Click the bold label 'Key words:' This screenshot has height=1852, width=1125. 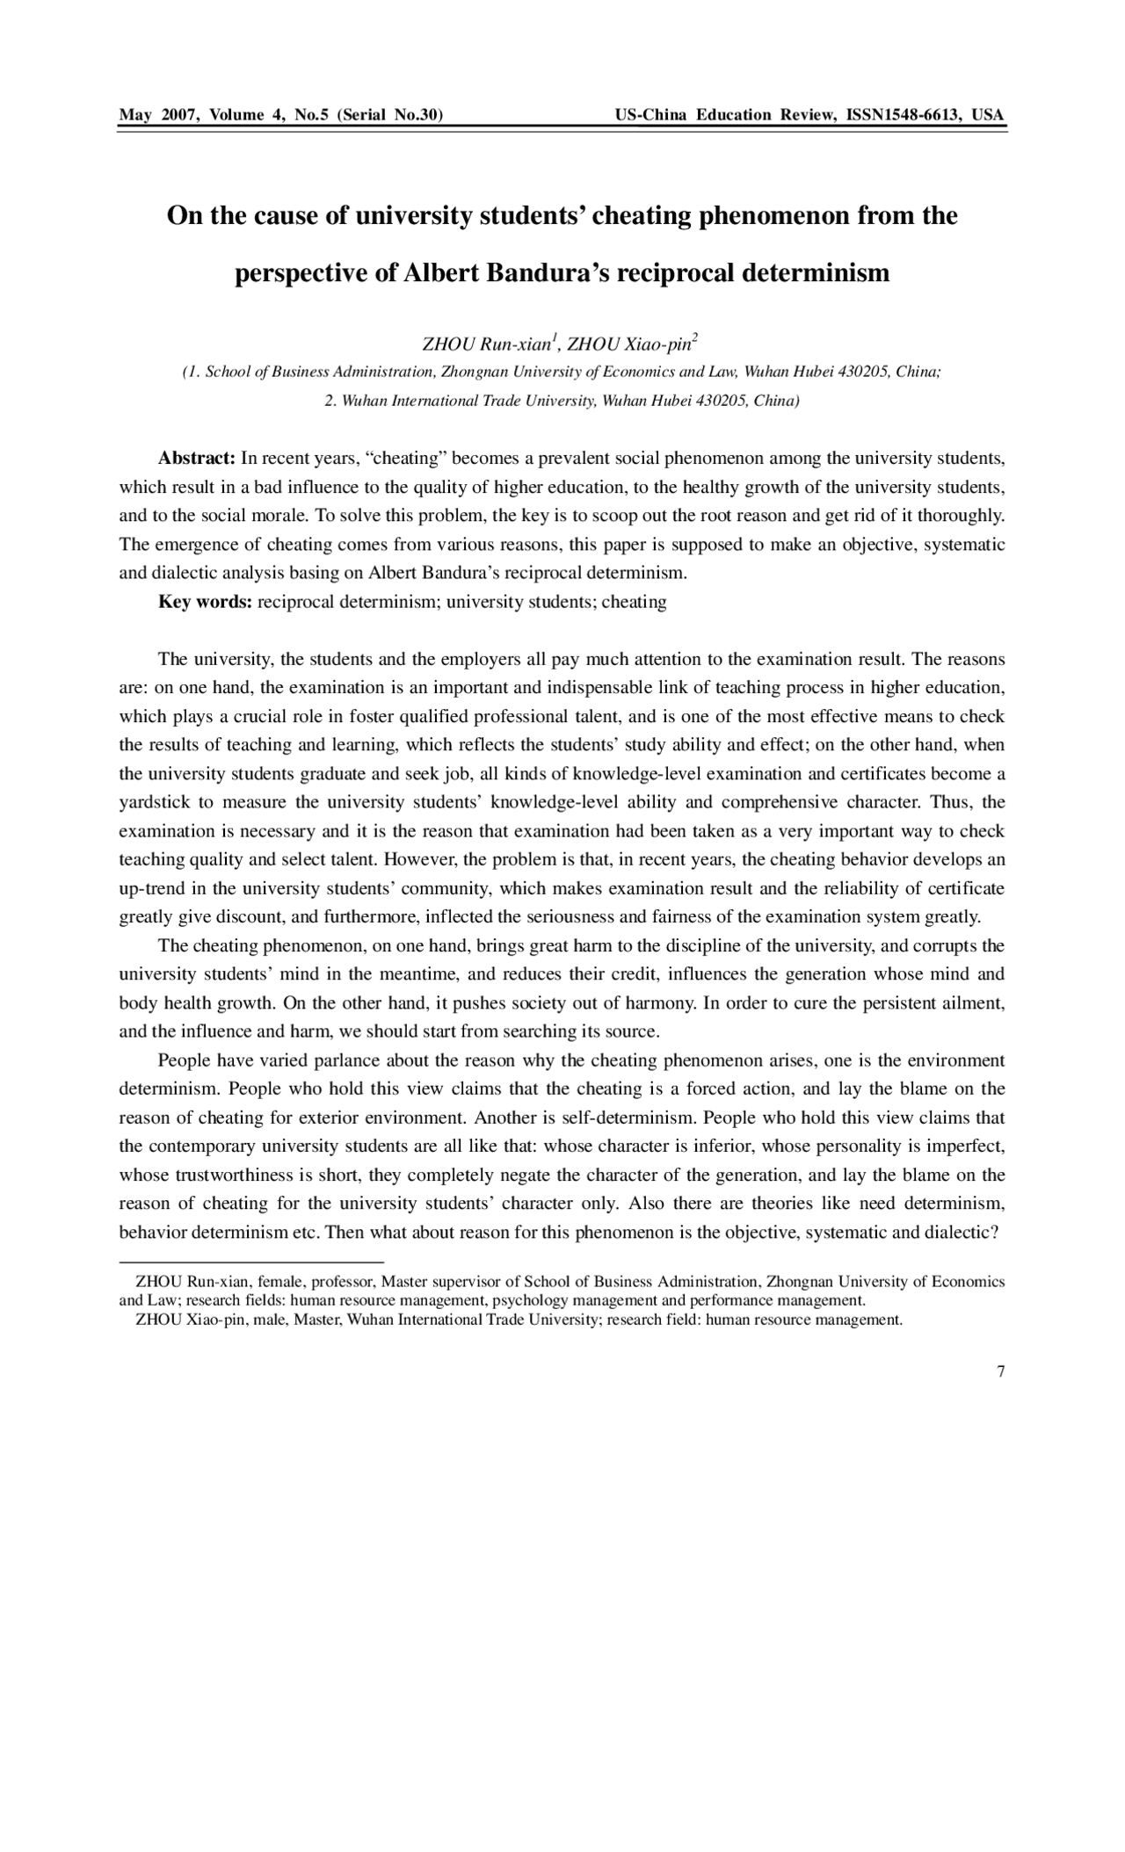pyautogui.click(x=205, y=603)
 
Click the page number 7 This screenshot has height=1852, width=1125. pyautogui.click(x=1001, y=1372)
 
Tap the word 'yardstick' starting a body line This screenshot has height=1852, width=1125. pyautogui.click(x=150, y=803)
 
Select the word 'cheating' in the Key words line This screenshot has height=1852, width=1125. pyautogui.click(x=635, y=603)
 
